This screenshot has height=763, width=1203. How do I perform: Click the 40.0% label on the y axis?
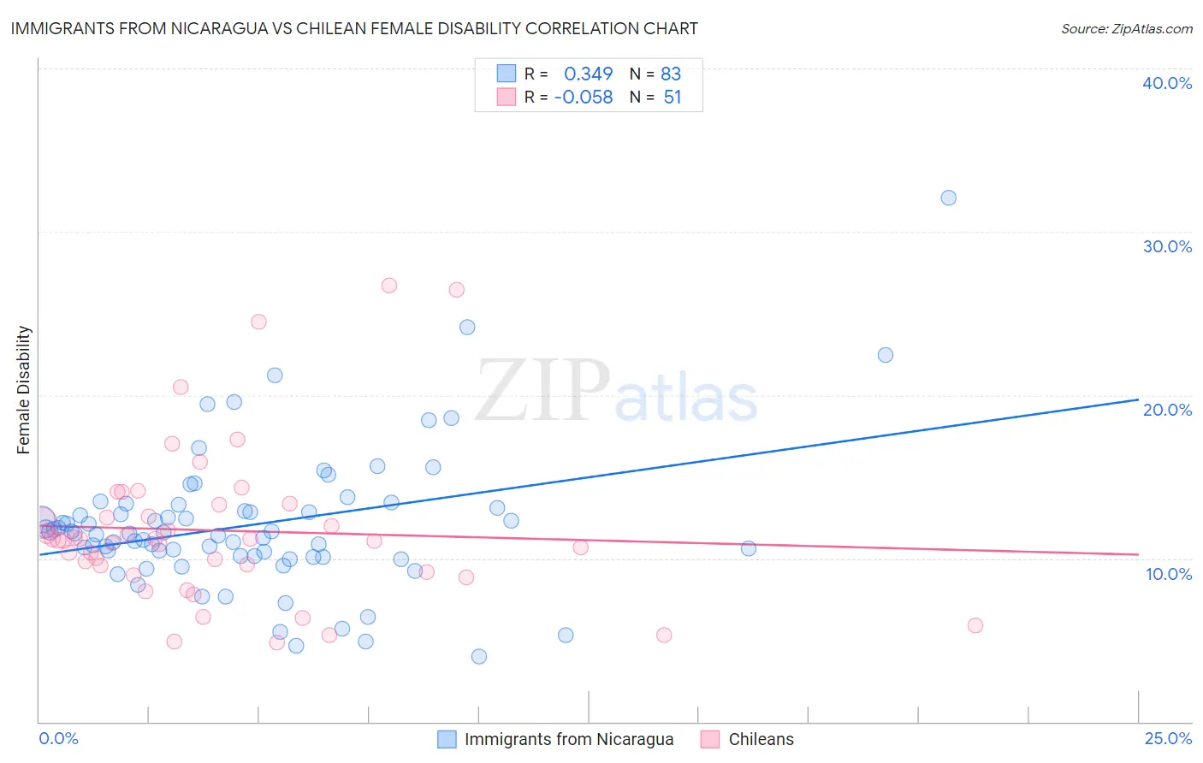point(1167,83)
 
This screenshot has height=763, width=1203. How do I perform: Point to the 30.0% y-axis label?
point(1167,246)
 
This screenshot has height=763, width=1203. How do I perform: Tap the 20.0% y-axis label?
point(1167,410)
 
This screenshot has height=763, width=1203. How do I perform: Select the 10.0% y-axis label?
point(1169,574)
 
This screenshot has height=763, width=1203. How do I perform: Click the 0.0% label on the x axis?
point(59,739)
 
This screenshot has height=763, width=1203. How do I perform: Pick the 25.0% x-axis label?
point(1168,739)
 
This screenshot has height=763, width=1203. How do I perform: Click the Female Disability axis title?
point(24,390)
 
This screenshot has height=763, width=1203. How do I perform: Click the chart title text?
point(354,28)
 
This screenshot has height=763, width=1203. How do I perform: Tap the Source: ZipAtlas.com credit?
point(1126,29)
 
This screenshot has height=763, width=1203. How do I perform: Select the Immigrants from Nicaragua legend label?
point(568,740)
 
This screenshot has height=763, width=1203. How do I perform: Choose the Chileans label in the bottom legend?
point(761,740)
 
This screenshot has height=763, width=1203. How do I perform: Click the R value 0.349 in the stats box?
point(588,74)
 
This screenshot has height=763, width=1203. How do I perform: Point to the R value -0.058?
point(584,98)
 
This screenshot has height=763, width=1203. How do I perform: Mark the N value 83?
point(671,74)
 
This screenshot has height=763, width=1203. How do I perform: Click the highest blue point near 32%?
point(948,198)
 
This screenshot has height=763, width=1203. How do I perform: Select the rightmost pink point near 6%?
point(975,625)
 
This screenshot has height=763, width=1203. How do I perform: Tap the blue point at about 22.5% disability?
point(886,355)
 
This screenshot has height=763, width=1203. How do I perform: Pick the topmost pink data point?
point(389,286)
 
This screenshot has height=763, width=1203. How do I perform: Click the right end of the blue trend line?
point(1138,399)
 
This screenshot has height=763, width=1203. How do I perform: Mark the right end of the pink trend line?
point(1138,554)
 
